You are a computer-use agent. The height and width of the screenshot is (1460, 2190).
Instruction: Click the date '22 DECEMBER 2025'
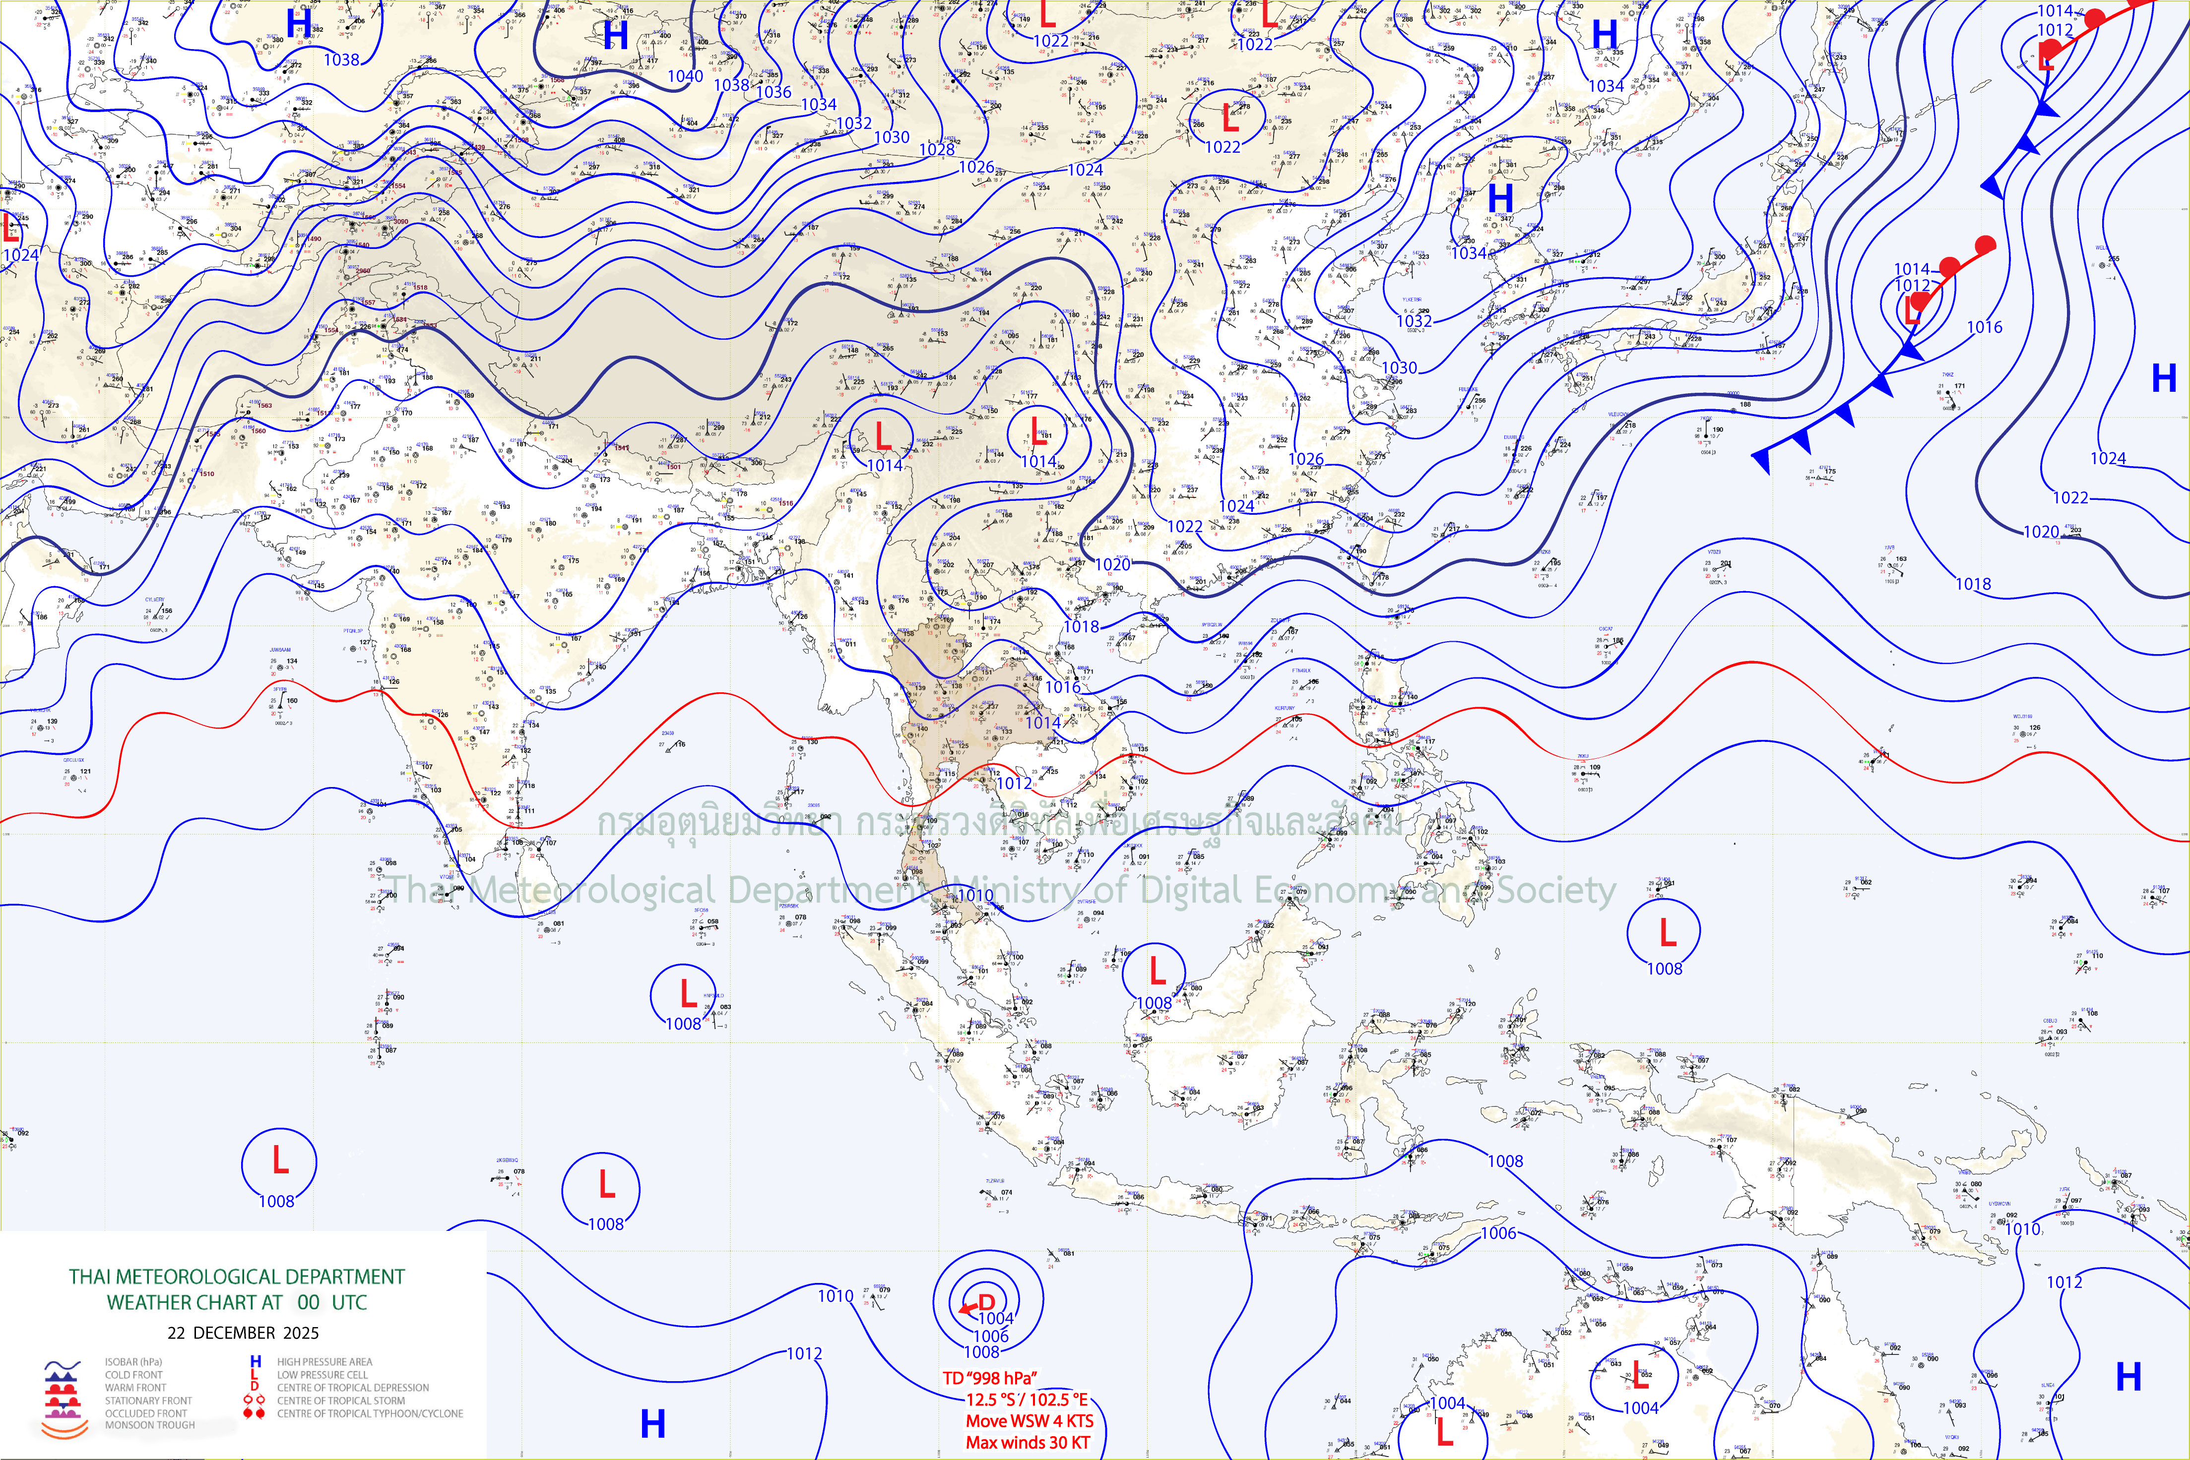coord(243,1333)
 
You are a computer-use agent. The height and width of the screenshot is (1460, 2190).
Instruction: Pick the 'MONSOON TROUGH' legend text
coord(150,1425)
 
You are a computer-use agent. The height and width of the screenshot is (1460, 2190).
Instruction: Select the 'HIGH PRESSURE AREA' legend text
coord(324,1361)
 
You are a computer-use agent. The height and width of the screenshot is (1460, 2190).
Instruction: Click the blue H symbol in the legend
coord(255,1361)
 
